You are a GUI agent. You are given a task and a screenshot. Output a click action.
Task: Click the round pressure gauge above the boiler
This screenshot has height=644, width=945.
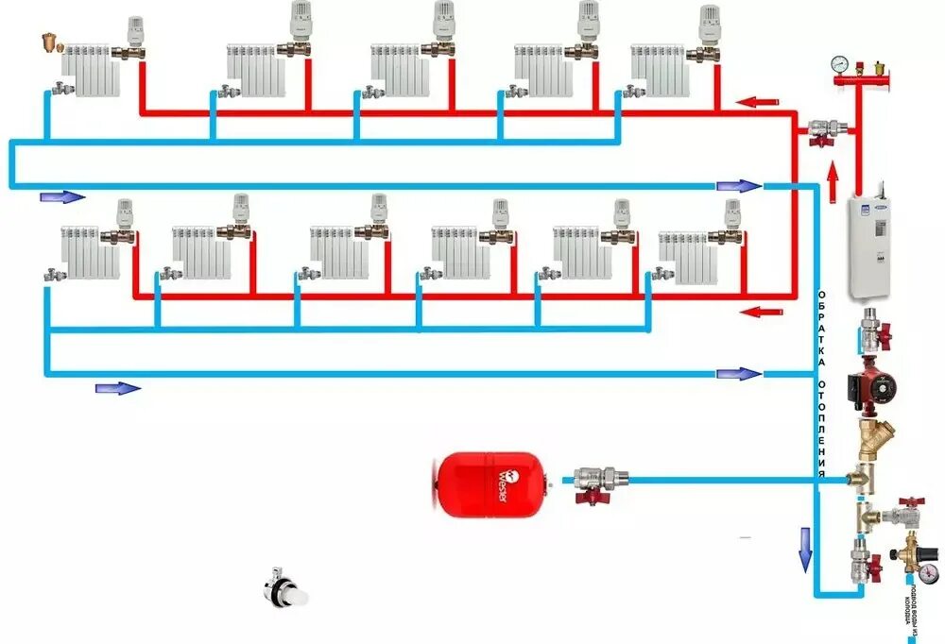(838, 65)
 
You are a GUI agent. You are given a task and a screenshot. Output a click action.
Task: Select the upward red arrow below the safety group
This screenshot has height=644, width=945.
(833, 183)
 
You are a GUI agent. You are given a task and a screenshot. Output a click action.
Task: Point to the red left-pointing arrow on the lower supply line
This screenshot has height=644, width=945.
(760, 311)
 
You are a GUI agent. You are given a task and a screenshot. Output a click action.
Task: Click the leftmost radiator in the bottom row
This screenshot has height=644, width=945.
(91, 252)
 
